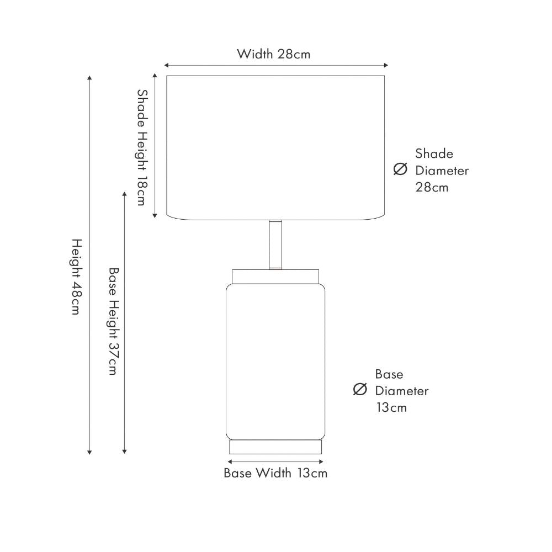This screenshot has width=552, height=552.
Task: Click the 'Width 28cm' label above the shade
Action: [x=274, y=54]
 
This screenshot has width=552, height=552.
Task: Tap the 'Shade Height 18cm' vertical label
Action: [x=142, y=147]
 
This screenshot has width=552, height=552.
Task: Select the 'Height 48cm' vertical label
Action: [x=77, y=277]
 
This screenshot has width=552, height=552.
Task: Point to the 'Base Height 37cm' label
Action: [x=114, y=321]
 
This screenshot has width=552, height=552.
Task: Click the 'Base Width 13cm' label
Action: [x=275, y=473]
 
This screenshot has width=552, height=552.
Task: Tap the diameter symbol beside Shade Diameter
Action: [x=400, y=169]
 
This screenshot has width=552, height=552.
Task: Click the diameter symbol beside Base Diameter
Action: [x=360, y=389]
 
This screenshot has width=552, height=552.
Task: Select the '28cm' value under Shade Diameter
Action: [x=432, y=187]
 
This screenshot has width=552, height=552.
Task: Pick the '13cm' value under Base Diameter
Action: [x=391, y=407]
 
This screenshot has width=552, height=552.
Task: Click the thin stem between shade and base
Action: [x=275, y=245]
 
